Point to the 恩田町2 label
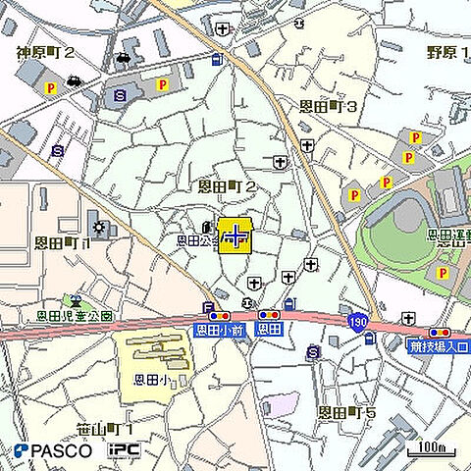pos(228,185)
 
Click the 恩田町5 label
pos(347,413)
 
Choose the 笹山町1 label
pos(104,429)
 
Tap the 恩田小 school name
pos(152,378)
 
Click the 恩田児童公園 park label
pos(75,316)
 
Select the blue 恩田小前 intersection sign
pos(218,331)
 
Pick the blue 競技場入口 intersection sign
pos(438,346)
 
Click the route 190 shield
pos(357,322)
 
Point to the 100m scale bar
pos(433,449)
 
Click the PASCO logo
pos(54,450)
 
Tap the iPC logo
pos(125,450)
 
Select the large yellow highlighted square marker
pos(235,235)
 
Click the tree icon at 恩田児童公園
pos(72,300)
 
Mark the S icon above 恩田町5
pos(313,351)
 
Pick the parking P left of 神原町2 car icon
pos(49,89)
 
